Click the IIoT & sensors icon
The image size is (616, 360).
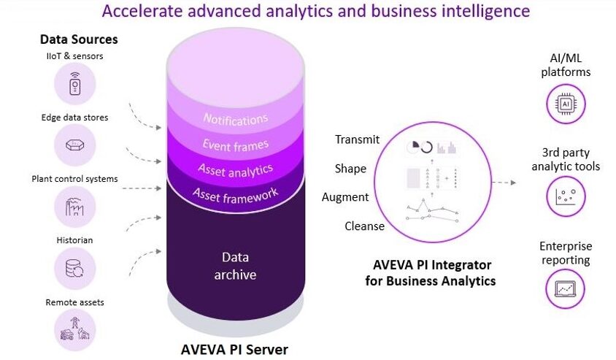pyautogui.click(x=74, y=84)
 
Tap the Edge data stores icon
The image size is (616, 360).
pyautogui.click(x=74, y=145)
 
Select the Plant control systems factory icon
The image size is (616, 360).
pyautogui.click(x=74, y=207)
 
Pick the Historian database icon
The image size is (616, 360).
pyautogui.click(x=74, y=269)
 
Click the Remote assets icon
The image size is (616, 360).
pyautogui.click(x=74, y=330)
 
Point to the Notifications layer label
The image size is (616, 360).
pyautogui.click(x=235, y=119)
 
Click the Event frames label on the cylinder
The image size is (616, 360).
pyautogui.click(x=235, y=145)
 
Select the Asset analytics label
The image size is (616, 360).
pyautogui.click(x=235, y=171)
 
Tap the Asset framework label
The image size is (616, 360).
pyautogui.click(x=235, y=195)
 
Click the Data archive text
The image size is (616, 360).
pyautogui.click(x=235, y=266)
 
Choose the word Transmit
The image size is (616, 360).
pyautogui.click(x=357, y=139)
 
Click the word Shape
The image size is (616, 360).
pyautogui.click(x=350, y=169)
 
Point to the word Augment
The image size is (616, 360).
pyautogui.click(x=345, y=197)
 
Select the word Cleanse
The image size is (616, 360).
pyautogui.click(x=365, y=226)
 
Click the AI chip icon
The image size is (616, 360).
pyautogui.click(x=566, y=104)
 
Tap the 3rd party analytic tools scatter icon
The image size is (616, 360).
pyautogui.click(x=566, y=196)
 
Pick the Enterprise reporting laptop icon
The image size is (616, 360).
pyautogui.click(x=566, y=289)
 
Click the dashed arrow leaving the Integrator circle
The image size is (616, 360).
pyautogui.click(x=504, y=183)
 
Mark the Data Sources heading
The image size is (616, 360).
pyautogui.click(x=79, y=39)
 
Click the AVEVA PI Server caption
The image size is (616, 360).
pyautogui.click(x=234, y=349)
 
